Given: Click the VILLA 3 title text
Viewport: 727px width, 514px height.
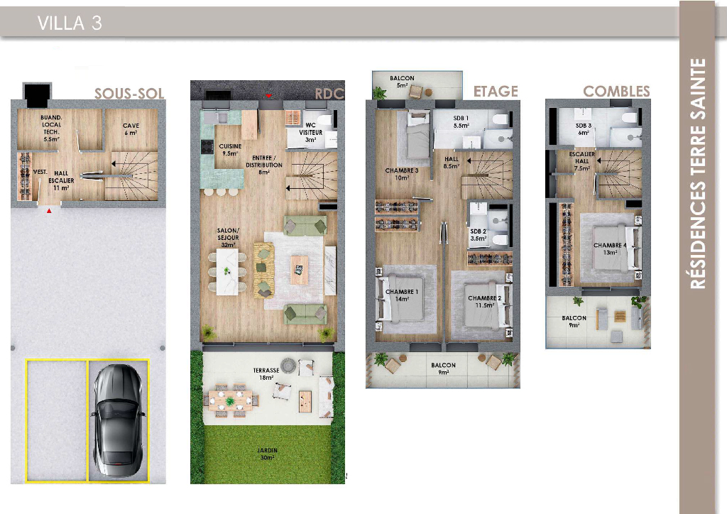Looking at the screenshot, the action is point(70,23).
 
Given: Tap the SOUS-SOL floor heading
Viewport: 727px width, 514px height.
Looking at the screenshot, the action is point(129,94).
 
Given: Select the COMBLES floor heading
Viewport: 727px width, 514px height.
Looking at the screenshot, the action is point(616,92).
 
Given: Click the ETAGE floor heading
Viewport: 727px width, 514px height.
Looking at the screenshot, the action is point(496,92).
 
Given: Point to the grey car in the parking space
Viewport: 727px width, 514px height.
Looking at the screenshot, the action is point(117,421).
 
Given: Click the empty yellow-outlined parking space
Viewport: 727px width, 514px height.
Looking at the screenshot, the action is point(57,421).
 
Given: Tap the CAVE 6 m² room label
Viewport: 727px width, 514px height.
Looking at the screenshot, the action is point(131,129).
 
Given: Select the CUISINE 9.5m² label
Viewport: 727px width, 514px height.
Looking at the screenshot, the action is point(230,150).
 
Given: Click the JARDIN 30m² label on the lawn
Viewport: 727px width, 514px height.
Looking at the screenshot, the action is point(268,454).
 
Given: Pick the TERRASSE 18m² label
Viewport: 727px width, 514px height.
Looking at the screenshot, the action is point(266,374).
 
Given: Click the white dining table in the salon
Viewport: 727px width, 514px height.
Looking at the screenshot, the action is point(227,272).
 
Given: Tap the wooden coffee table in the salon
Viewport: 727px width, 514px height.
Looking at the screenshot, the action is point(299,270).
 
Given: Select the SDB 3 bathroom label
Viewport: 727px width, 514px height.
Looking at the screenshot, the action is point(584,128).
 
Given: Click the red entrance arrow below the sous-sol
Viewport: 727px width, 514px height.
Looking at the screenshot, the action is point(49,212).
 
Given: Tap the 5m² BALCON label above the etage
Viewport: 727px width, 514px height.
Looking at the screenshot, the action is point(402,82).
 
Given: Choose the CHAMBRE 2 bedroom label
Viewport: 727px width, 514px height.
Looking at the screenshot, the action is point(484,302).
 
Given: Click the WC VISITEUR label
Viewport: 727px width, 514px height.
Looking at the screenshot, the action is point(311,132).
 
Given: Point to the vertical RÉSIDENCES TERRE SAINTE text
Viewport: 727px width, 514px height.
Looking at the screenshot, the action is point(697,174).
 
